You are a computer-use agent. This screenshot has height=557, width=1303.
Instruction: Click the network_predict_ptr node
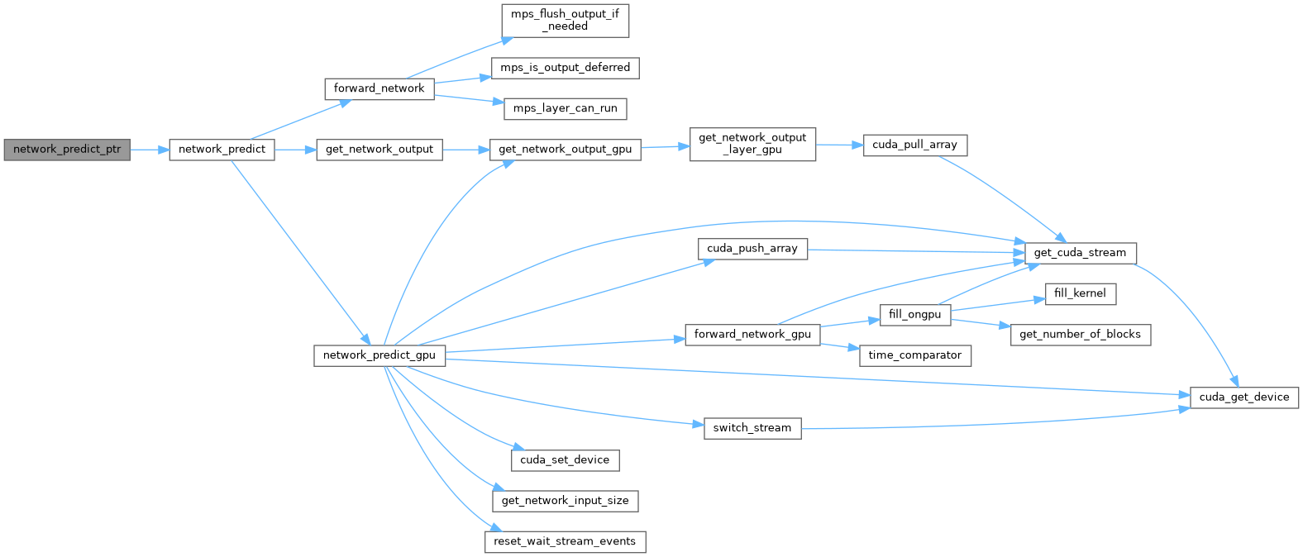coord(67,150)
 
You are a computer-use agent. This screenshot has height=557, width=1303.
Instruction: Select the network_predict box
coord(222,150)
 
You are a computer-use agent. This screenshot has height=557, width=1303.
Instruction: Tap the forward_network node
coord(379,88)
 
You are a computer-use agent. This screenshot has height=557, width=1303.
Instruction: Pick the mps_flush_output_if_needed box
coord(565,20)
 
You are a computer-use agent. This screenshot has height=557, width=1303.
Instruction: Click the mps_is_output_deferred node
coord(565,68)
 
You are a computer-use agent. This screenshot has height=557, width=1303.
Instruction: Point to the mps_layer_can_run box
coord(565,108)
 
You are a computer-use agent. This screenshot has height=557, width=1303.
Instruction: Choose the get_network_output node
coord(379,150)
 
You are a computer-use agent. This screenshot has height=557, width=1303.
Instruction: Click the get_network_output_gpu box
coord(565,150)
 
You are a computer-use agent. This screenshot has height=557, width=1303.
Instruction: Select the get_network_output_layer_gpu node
coord(752,144)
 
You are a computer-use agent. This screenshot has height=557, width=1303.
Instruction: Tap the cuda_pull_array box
coord(914,145)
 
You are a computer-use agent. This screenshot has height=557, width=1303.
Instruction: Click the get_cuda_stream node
coord(1080,253)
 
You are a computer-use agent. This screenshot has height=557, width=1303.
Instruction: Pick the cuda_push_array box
coord(752,248)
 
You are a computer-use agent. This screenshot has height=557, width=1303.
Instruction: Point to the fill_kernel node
coord(1080,293)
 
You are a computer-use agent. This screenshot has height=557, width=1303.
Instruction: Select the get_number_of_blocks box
coord(1080,335)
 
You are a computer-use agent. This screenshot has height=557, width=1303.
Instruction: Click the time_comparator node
coord(914,355)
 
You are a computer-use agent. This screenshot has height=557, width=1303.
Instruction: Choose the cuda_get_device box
coord(1243,398)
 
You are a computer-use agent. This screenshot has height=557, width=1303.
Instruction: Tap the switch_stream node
coord(752,428)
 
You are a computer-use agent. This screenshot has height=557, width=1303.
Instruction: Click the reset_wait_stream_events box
coord(565,542)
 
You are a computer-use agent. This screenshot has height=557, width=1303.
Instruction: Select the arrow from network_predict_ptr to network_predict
coord(150,150)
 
